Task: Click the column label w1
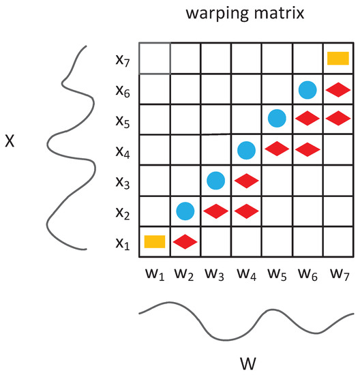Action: tap(153, 275)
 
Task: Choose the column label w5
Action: tap(276, 275)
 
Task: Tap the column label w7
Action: tap(337, 275)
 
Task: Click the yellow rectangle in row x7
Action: tap(338, 58)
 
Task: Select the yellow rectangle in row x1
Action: tap(155, 241)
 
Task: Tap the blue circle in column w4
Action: tap(247, 150)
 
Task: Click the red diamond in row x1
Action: tap(185, 241)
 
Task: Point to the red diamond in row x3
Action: tap(247, 181)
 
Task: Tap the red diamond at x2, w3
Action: tap(216, 211)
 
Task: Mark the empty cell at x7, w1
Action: tap(155, 58)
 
